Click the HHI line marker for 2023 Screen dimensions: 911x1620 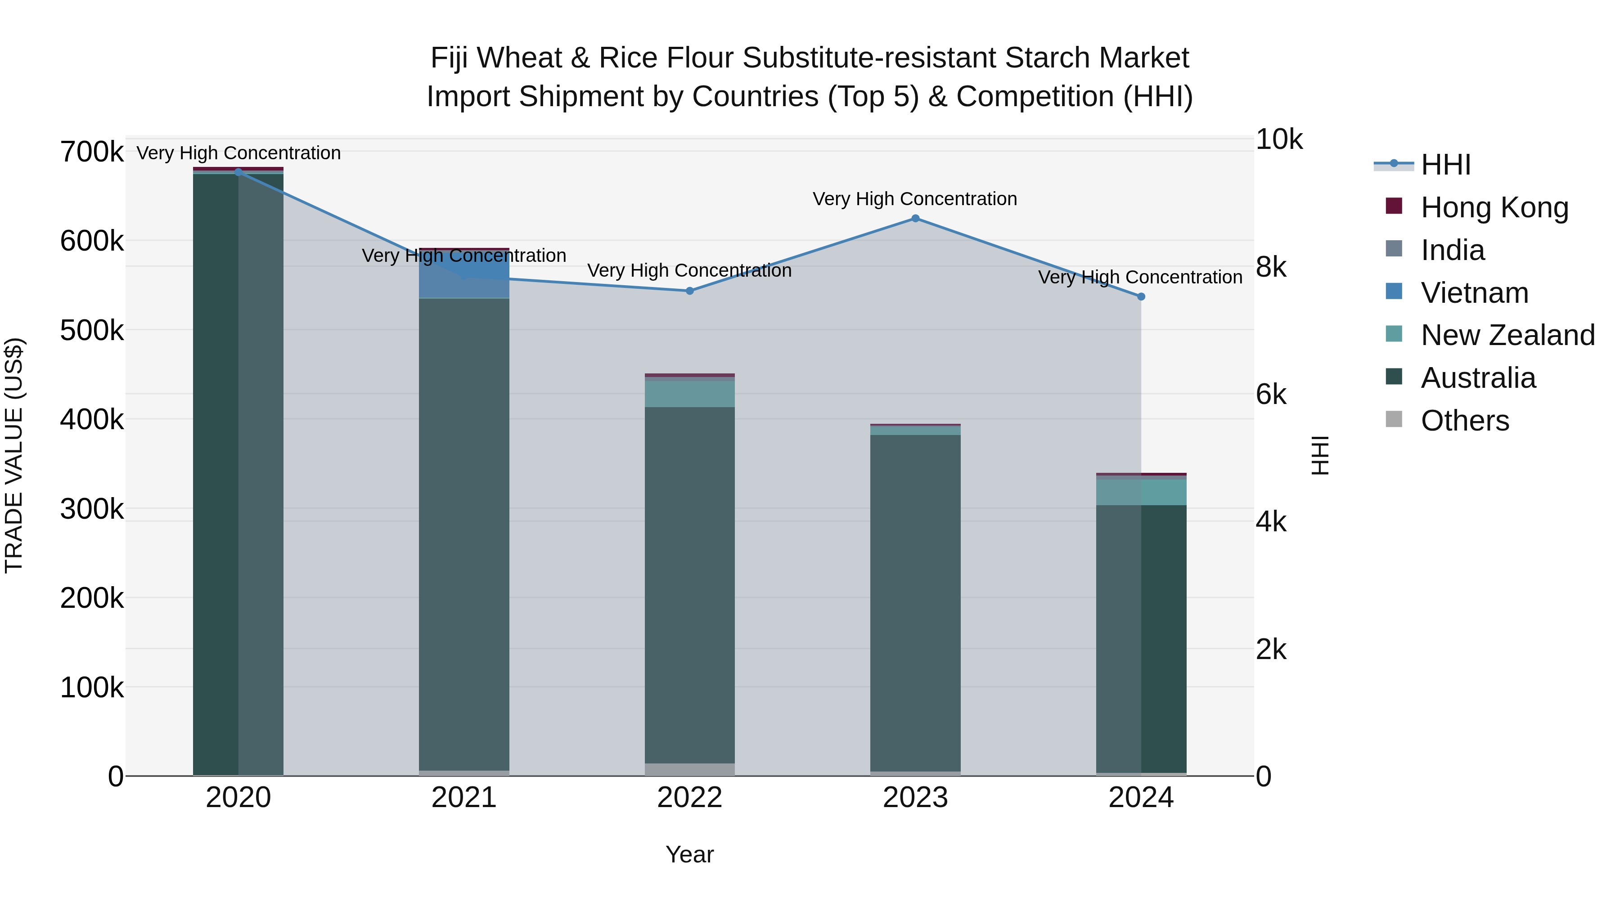pyautogui.click(x=915, y=218)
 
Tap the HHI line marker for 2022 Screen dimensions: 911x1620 pyautogui.click(x=689, y=291)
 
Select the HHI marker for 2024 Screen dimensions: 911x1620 pyautogui.click(x=1141, y=296)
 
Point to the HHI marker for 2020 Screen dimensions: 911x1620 pyautogui.click(x=238, y=172)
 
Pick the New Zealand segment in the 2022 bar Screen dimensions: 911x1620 pyautogui.click(x=689, y=394)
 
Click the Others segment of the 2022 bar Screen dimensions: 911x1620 pyautogui.click(x=689, y=769)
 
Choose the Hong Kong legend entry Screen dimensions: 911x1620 pyautogui.click(x=1494, y=207)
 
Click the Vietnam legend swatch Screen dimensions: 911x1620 pyautogui.click(x=1394, y=292)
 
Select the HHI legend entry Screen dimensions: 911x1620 pyautogui.click(x=1445, y=165)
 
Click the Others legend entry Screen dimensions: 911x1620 pyautogui.click(x=1465, y=421)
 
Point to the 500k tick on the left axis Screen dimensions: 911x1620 pyautogui.click(x=92, y=331)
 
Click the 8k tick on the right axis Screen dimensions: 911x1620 pyautogui.click(x=1271, y=268)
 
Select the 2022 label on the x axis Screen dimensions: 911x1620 pyautogui.click(x=689, y=798)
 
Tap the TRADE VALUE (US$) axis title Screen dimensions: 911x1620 pyautogui.click(x=14, y=455)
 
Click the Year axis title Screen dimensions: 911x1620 pyautogui.click(x=689, y=854)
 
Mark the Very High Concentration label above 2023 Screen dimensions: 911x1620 pyautogui.click(x=914, y=199)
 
